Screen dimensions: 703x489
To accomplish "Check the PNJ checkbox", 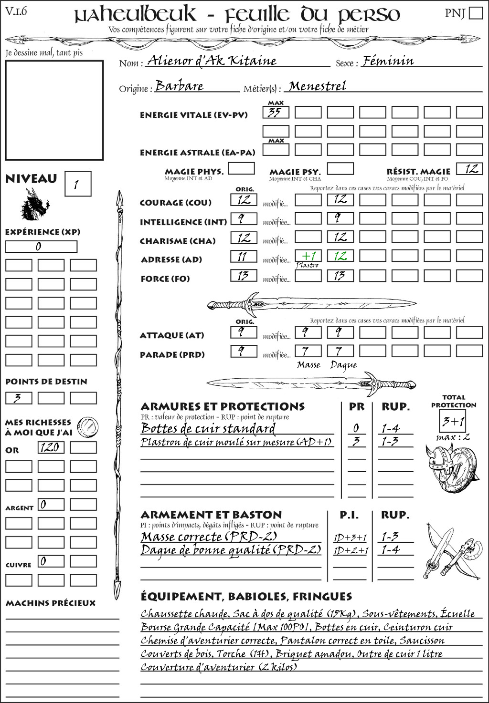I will (x=476, y=13).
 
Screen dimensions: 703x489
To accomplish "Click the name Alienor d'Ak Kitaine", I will (x=212, y=61).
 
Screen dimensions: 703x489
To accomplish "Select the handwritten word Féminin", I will (x=388, y=61).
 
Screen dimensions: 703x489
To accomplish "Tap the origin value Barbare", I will (x=180, y=86).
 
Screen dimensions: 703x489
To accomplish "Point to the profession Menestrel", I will (x=318, y=86).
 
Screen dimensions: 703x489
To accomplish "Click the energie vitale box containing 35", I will (x=276, y=113).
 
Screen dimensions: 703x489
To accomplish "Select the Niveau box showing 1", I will (x=77, y=184).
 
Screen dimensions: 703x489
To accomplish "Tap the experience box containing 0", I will (x=41, y=247).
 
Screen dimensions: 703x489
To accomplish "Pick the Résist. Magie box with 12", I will (x=469, y=169).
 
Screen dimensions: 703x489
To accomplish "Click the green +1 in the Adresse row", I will (x=308, y=256).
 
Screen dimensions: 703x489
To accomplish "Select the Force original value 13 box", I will (x=244, y=276).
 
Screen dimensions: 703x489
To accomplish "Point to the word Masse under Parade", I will (x=308, y=365).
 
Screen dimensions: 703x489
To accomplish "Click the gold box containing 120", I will (x=51, y=447).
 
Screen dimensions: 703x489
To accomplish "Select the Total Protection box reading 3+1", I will (x=453, y=421).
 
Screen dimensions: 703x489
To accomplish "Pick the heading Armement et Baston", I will (x=211, y=515).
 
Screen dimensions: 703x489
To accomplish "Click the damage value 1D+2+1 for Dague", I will (x=351, y=551).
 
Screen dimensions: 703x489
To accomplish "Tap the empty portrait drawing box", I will (x=54, y=110).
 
